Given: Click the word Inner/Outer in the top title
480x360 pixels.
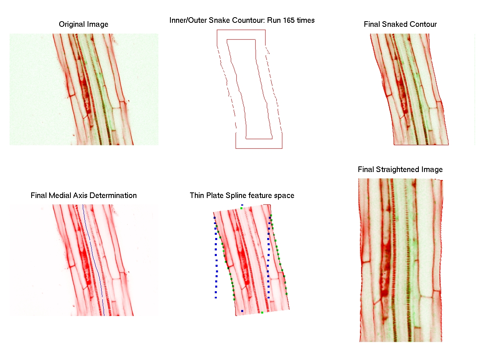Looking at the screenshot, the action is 188,20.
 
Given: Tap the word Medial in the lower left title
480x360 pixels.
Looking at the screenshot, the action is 59,196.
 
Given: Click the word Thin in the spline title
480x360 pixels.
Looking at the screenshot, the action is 197,196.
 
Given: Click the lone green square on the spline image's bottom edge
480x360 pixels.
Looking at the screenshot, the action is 262,312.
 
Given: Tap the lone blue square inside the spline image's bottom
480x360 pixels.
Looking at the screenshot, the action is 242,311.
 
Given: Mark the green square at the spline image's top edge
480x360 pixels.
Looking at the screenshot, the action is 241,208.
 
